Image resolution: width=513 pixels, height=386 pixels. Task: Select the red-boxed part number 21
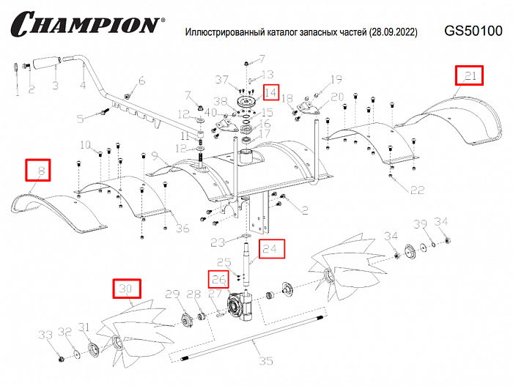click(x=470, y=75)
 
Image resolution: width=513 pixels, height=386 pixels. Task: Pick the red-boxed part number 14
click(x=270, y=92)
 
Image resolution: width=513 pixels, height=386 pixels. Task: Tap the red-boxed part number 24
click(x=270, y=249)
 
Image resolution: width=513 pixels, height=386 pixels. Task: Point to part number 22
click(x=417, y=190)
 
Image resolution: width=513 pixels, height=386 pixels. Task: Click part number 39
click(x=420, y=223)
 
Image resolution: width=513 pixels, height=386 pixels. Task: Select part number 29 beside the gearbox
click(x=171, y=294)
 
